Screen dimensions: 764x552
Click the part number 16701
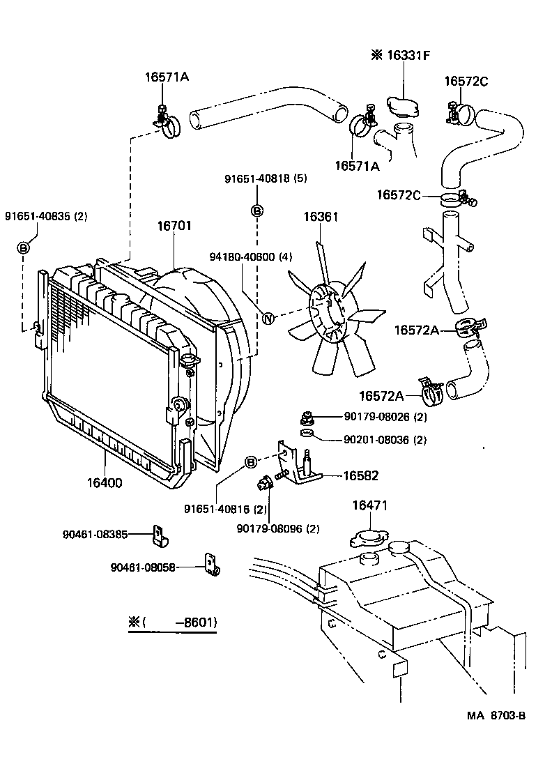174,226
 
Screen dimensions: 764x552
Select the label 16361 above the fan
321,217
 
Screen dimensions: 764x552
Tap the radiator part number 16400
105,482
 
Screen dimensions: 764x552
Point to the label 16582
360,475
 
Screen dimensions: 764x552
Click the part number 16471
369,505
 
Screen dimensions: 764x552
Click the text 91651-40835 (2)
46,216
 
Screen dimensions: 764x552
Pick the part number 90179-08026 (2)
385,417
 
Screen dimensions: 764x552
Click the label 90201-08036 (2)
385,440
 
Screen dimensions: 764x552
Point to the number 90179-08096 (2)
278,528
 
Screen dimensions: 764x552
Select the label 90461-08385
95,535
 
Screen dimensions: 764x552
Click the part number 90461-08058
143,567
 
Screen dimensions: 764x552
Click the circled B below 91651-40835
23,247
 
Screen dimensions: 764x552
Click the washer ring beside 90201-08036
306,435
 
